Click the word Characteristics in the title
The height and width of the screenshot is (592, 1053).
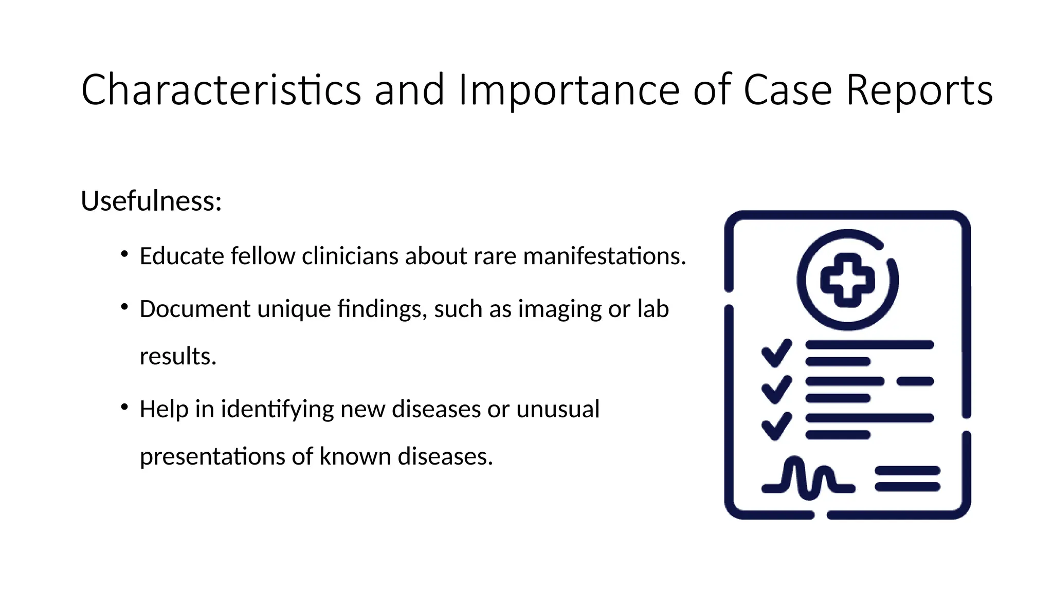click(221, 90)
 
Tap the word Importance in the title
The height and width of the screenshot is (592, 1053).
click(568, 90)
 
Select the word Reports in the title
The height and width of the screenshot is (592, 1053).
click(919, 90)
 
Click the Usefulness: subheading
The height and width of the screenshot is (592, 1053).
click(151, 201)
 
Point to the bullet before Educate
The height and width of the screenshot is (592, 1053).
click(124, 254)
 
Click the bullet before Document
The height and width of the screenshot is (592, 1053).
click(124, 307)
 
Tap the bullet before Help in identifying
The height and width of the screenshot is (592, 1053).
click(124, 407)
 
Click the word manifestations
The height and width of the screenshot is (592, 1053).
click(604, 256)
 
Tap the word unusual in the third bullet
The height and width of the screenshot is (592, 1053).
click(558, 409)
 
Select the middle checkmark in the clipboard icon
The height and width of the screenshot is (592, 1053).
click(776, 390)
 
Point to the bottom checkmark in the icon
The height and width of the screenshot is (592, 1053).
click(776, 426)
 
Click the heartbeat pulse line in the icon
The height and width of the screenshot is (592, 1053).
click(807, 479)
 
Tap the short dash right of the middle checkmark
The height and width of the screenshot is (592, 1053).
click(915, 381)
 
